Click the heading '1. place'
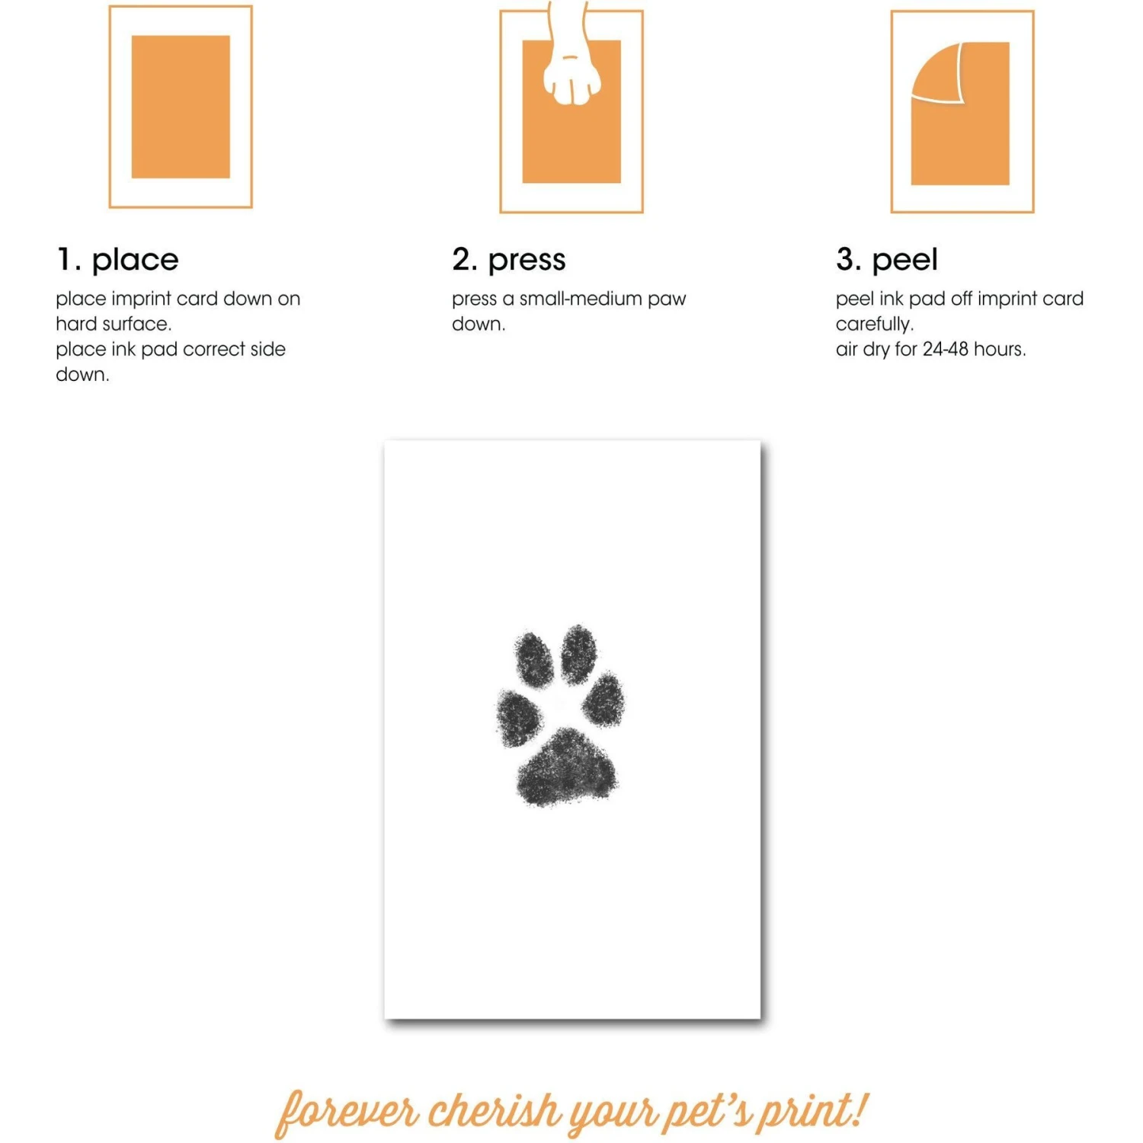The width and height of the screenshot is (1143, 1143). click(x=117, y=260)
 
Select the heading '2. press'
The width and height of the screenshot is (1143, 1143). click(x=509, y=260)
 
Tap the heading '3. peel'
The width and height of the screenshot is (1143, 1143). click(x=887, y=260)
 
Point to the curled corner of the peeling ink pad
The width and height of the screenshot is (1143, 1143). click(x=939, y=73)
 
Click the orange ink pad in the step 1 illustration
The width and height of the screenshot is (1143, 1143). click(x=181, y=107)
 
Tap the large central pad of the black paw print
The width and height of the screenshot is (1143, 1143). click(x=566, y=767)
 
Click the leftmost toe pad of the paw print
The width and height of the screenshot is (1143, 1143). click(x=520, y=718)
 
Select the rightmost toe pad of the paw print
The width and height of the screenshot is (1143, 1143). click(x=604, y=698)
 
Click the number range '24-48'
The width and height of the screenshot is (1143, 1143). click(x=945, y=349)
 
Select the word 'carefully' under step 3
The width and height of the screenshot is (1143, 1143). click(x=873, y=325)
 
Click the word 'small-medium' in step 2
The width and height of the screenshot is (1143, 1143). click(x=581, y=299)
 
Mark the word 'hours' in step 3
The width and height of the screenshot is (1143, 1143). click(x=998, y=349)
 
